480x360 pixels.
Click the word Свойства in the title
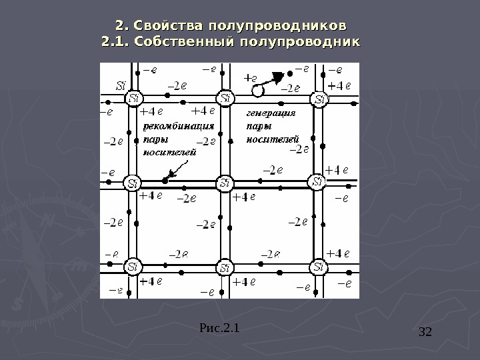[167, 26]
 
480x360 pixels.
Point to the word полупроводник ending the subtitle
[299, 43]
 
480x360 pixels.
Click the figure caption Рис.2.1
[219, 327]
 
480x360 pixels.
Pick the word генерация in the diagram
[271, 113]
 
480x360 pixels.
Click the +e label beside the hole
[251, 77]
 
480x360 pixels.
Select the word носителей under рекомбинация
[170, 152]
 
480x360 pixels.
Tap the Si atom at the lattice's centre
[225, 182]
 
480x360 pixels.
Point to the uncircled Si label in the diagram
[121, 85]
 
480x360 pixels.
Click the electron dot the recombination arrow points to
[165, 180]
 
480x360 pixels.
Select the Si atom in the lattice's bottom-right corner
[318, 267]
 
